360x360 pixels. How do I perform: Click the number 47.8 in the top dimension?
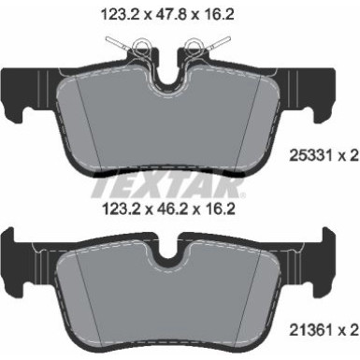click(x=180, y=15)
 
